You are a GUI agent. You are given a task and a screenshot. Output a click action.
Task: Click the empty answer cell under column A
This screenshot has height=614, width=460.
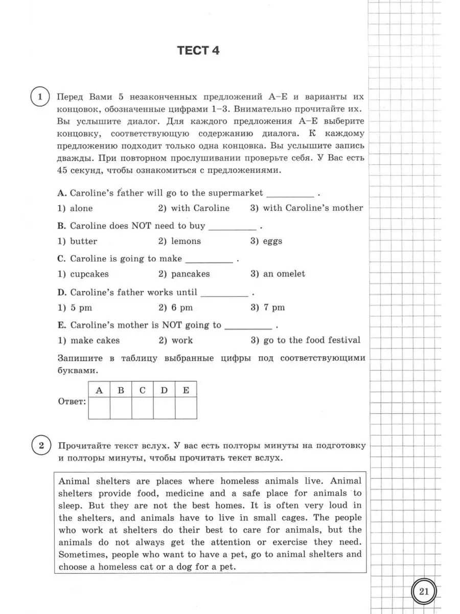[99, 408]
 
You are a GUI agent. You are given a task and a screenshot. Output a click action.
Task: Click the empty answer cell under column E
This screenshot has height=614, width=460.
[186, 408]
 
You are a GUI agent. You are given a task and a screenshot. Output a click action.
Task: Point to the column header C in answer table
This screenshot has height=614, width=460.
[143, 390]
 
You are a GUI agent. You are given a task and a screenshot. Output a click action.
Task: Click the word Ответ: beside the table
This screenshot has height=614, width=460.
[72, 402]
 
